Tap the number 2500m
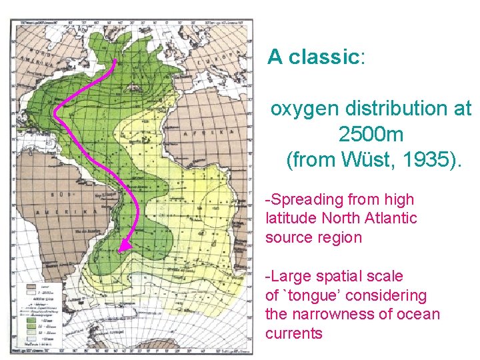(x=371, y=134)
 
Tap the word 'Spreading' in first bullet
(x=304, y=199)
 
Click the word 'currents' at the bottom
(x=294, y=333)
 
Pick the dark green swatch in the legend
(x=30, y=319)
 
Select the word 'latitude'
(x=289, y=218)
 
